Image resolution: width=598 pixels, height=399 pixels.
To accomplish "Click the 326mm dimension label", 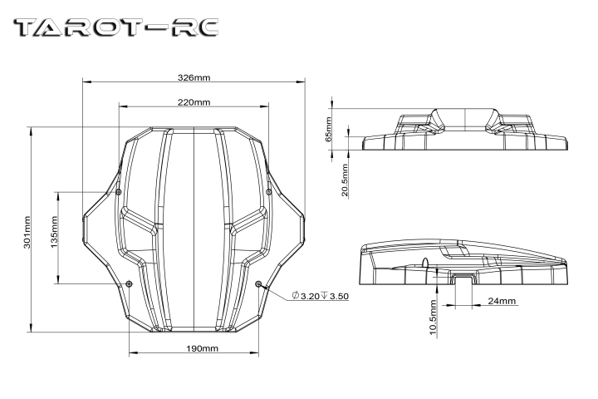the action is tap(194, 77).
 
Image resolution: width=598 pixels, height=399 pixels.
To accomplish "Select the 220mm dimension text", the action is tap(194, 102).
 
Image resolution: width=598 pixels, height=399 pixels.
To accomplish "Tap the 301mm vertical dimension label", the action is tap(27, 232).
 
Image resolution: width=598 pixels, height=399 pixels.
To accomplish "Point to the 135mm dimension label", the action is tap(54, 232).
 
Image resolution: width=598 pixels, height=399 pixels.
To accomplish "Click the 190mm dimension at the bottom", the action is tap(202, 348).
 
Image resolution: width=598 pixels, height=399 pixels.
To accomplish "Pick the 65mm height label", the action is tap(329, 129).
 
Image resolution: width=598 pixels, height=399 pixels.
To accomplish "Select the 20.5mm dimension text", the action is tap(345, 180).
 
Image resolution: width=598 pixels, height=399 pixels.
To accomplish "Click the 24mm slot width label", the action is tap(502, 301).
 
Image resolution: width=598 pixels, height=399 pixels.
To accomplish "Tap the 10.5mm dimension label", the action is tap(433, 318).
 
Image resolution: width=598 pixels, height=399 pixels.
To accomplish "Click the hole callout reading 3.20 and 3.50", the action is tap(321, 296).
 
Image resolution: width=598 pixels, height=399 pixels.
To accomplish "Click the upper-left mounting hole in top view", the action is tap(119, 192).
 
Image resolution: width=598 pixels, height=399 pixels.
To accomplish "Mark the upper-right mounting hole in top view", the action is tap(268, 192).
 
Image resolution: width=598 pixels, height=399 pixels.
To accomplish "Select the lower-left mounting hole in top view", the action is tap(130, 283).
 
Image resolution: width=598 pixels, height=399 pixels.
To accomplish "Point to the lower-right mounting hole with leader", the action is tap(258, 283).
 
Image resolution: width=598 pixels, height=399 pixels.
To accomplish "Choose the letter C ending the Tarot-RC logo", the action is tap(206, 27).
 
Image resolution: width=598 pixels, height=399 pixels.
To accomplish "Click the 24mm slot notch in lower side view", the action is tap(463, 279).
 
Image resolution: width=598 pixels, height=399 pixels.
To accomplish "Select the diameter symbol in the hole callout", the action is tap(295, 296).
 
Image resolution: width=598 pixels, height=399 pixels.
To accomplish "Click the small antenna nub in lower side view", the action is tap(425, 263).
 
